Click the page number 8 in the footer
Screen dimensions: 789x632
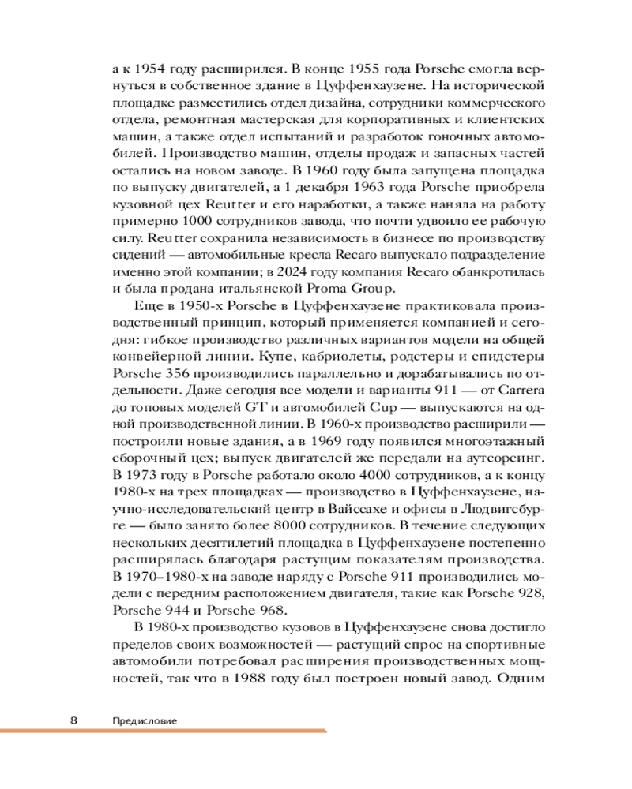[x=73, y=720]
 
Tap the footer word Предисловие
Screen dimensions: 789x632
[x=144, y=720]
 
